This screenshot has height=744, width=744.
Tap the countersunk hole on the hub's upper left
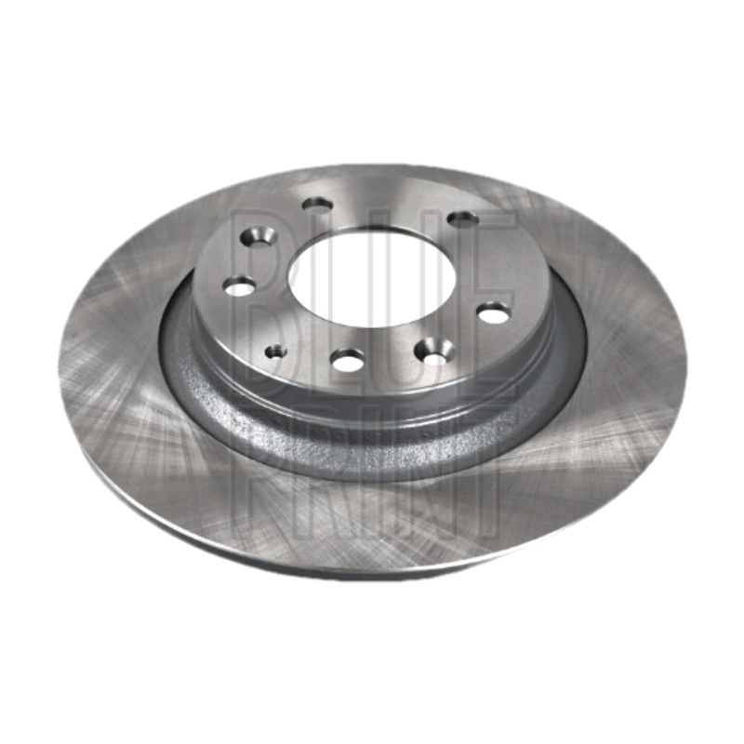pyautogui.click(x=259, y=236)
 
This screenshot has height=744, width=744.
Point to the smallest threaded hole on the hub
pyautogui.click(x=275, y=352)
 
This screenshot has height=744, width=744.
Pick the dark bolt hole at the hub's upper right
pyautogui.click(x=462, y=219)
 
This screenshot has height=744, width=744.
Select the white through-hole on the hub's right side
pyautogui.click(x=494, y=312)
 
